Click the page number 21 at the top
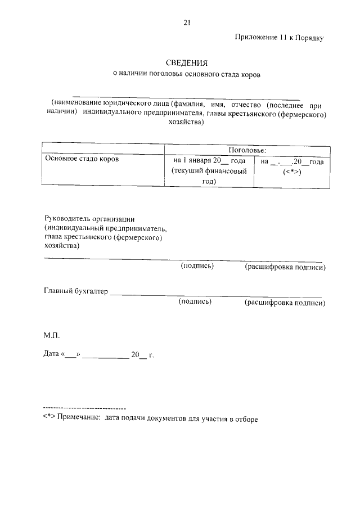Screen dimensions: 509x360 [187, 22]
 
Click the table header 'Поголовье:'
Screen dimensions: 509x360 [247, 150]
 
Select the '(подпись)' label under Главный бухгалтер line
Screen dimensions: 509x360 [195, 302]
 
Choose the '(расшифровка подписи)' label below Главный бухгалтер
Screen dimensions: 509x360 [285, 303]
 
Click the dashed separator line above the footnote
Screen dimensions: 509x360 [84, 407]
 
